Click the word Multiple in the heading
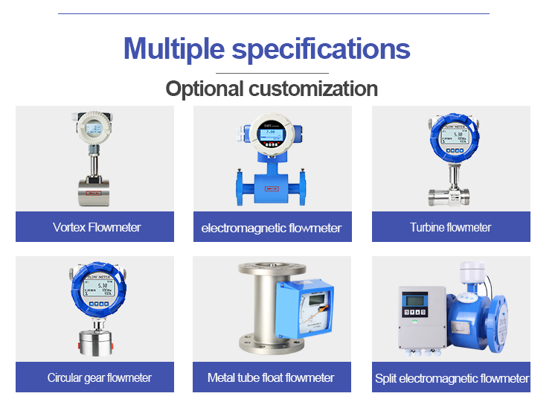pyautogui.click(x=173, y=49)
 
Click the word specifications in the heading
pyautogui.click(x=321, y=49)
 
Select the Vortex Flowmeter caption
pyautogui.click(x=97, y=227)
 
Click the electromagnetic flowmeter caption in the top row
pyautogui.click(x=272, y=228)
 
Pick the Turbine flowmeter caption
pyautogui.click(x=451, y=227)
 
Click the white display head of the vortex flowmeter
pyautogui.click(x=93, y=130)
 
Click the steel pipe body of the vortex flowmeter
pyautogui.click(x=94, y=192)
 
